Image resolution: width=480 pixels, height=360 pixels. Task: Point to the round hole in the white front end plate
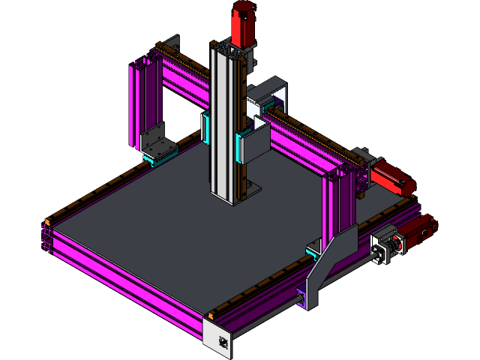click(223, 343)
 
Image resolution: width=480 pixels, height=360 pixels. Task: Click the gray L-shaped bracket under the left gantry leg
click(157, 140)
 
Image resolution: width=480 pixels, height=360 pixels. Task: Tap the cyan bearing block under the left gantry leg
click(160, 157)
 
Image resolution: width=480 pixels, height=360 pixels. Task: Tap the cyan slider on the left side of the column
click(205, 127)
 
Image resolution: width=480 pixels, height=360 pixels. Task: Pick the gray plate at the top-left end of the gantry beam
click(172, 45)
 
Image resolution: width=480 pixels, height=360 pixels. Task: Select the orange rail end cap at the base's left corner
click(48, 222)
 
